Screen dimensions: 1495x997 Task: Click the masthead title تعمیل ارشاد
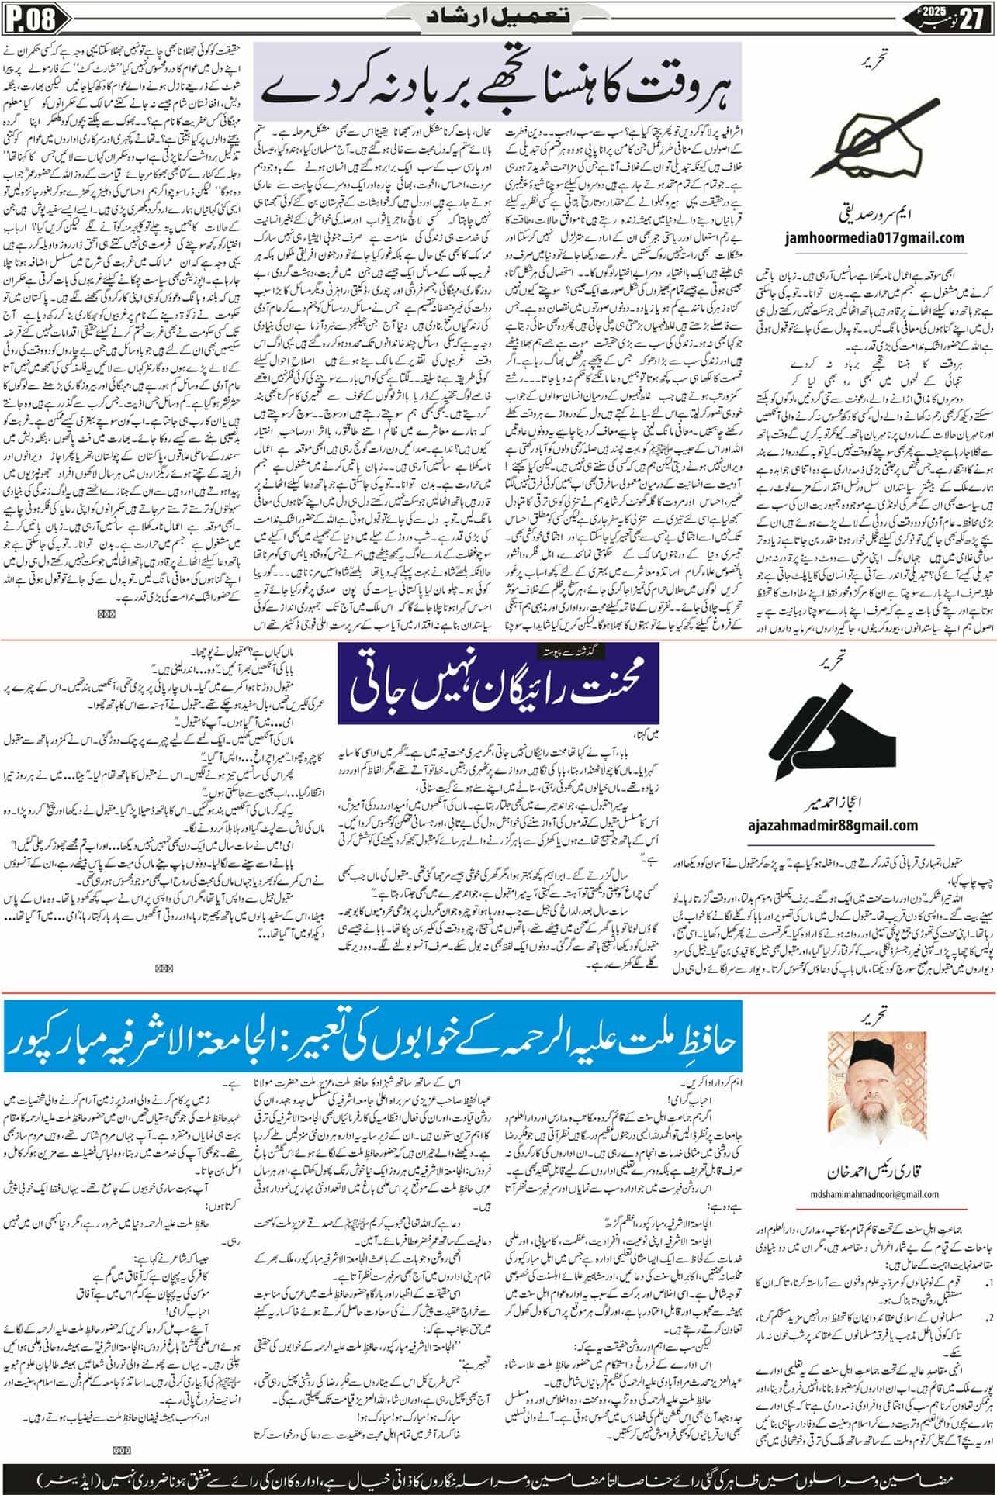499,15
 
